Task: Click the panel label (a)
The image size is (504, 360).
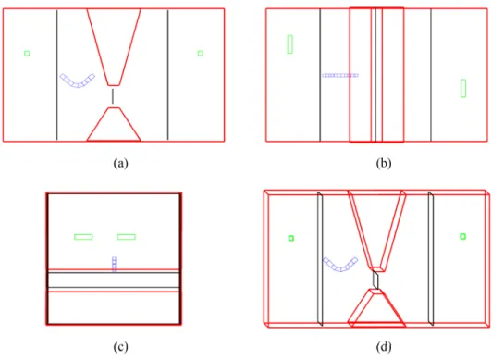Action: point(120,164)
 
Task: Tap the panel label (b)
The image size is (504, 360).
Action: point(384,164)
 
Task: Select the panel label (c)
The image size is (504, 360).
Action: point(120,347)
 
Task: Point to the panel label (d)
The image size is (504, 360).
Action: point(384,347)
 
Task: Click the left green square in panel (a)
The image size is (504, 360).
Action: point(27,54)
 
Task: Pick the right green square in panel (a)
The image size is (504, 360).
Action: point(201,54)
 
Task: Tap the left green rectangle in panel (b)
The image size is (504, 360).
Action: point(290,44)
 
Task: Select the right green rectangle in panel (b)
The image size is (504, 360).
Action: point(463,88)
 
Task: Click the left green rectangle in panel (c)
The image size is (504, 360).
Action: point(83,237)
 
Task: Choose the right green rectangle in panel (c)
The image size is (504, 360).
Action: point(127,237)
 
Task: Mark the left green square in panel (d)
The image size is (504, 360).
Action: point(291,238)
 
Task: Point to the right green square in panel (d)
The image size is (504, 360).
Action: point(463,237)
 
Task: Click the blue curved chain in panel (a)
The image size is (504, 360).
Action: point(78,85)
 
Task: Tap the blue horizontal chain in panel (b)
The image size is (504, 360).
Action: point(340,76)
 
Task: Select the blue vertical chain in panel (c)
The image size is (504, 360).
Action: point(114,264)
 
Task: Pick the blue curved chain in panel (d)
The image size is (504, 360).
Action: point(340,269)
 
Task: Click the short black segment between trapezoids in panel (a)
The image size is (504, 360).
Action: point(113,96)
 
